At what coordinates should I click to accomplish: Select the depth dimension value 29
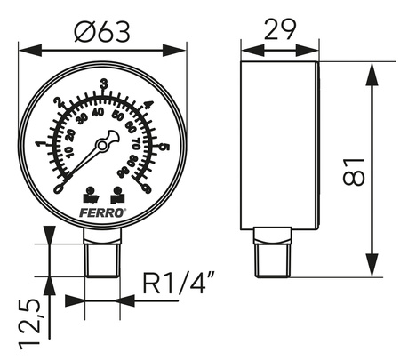278,30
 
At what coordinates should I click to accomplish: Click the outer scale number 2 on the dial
60,103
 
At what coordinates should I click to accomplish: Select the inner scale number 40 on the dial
99,112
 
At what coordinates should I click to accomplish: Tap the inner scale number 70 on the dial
135,142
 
